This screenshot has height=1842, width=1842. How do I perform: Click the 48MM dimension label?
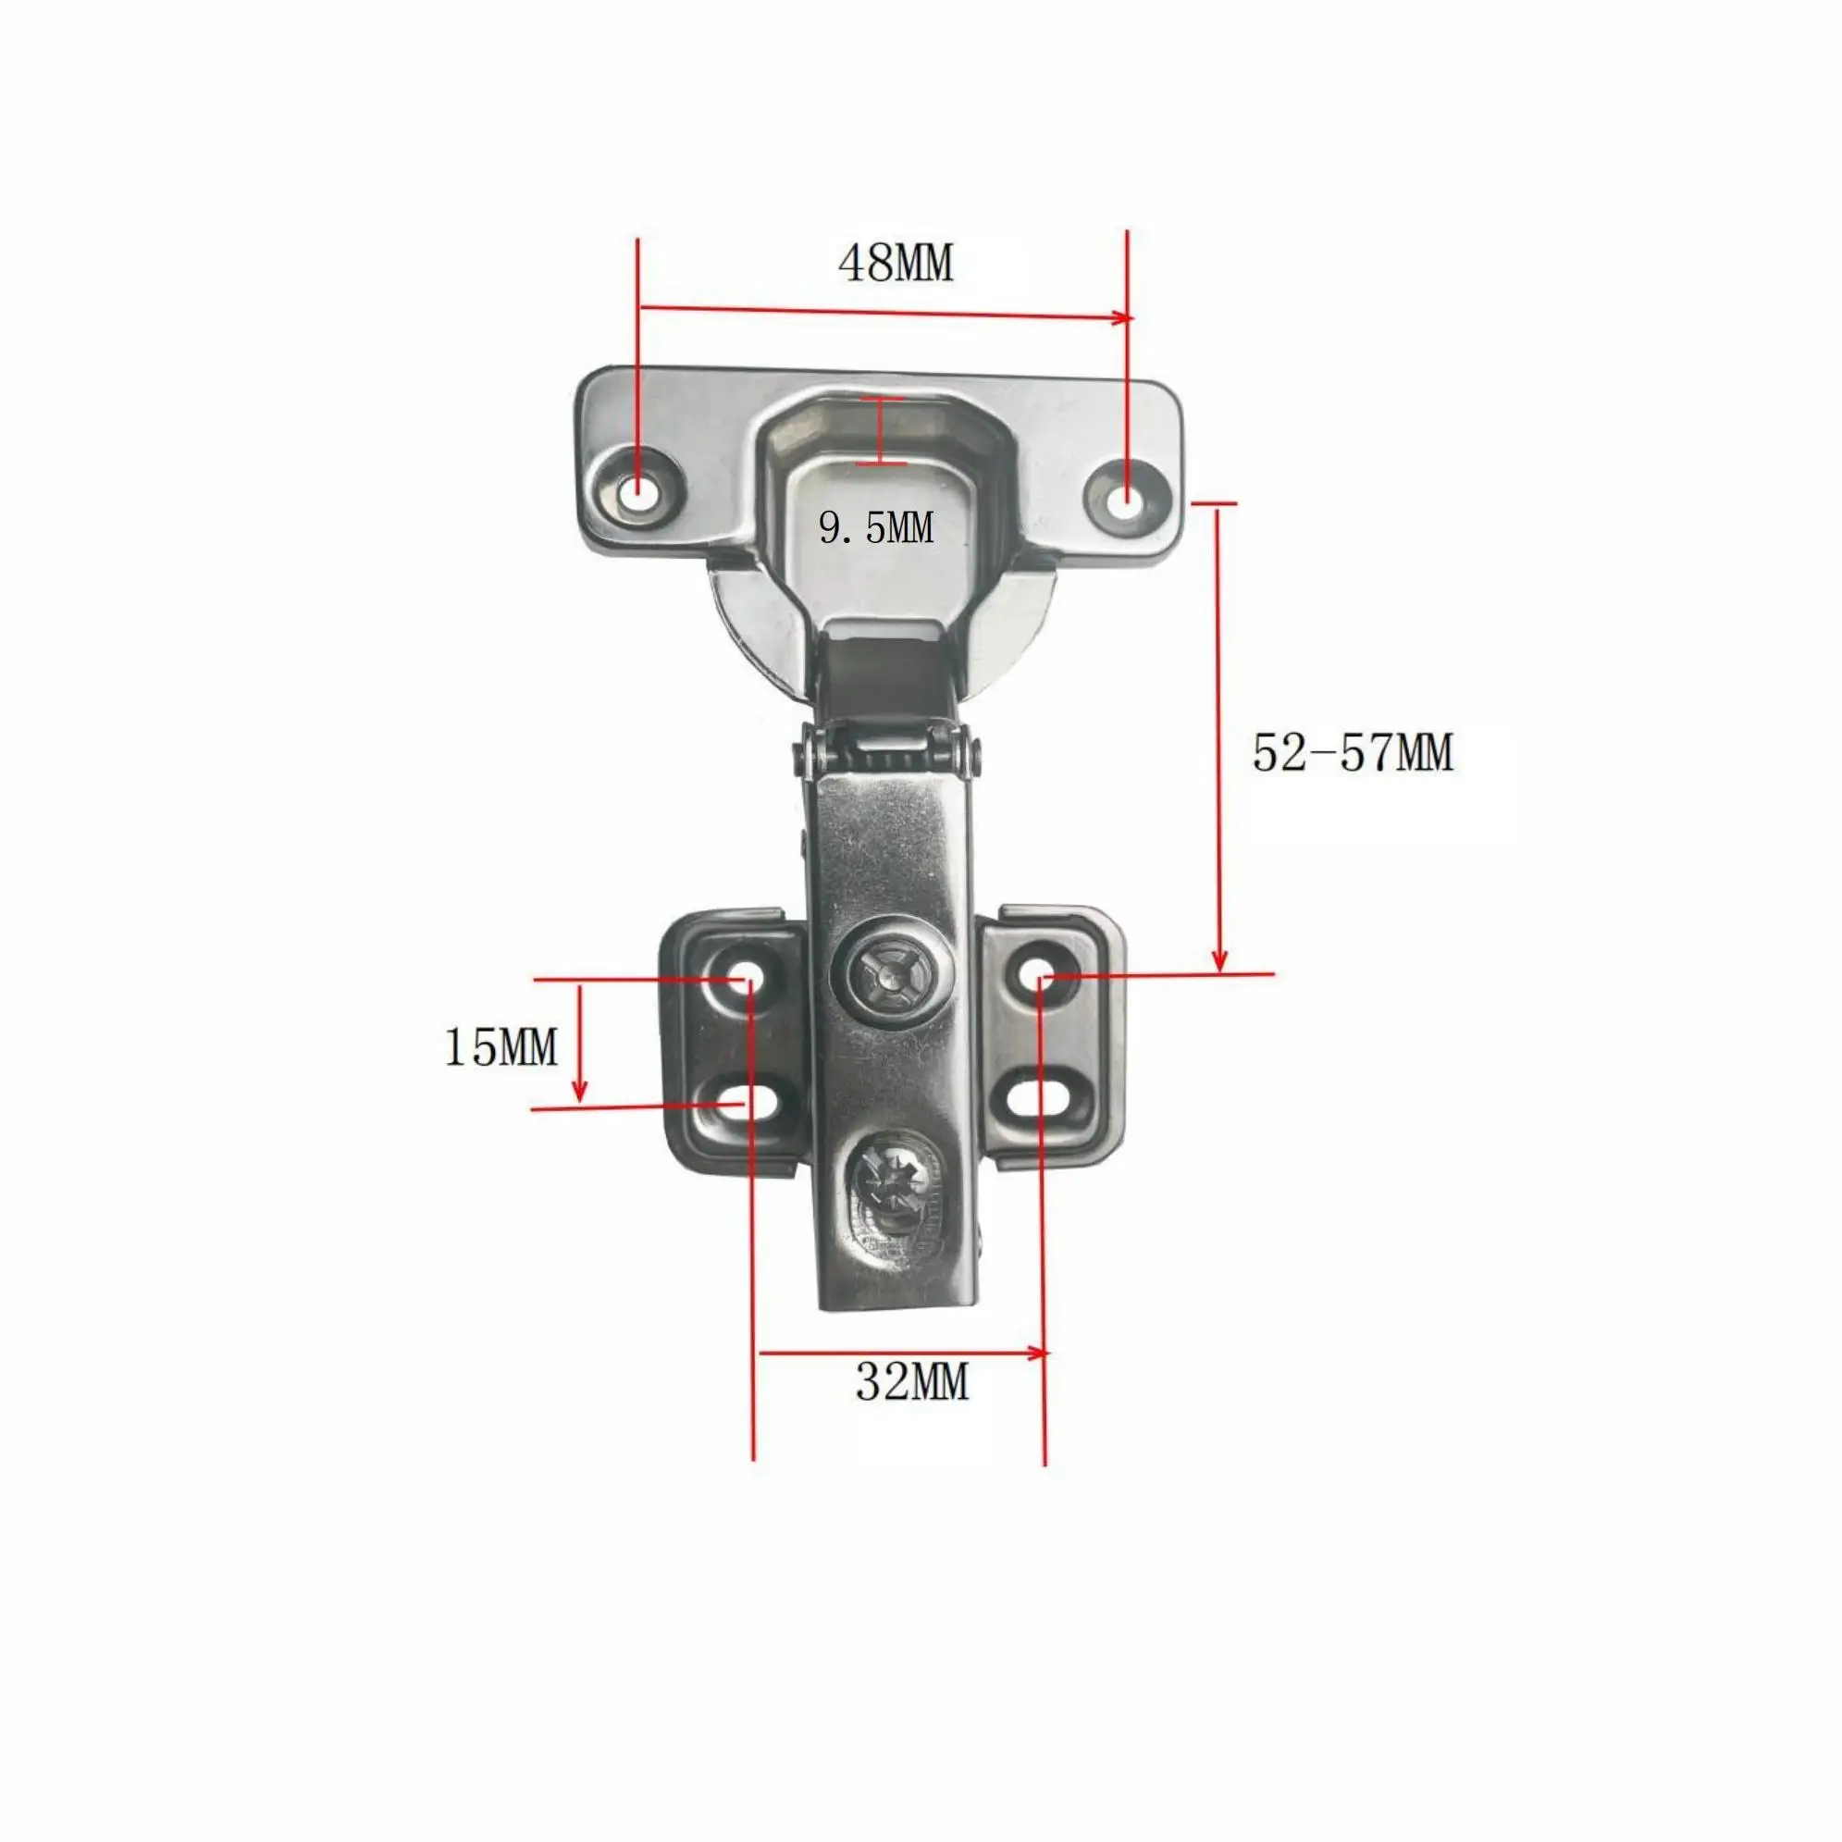click(x=896, y=263)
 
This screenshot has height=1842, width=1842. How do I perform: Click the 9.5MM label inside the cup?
click(x=876, y=527)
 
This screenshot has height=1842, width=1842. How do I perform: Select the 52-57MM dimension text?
click(x=1352, y=754)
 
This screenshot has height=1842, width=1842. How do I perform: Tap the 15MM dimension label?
click(x=501, y=1048)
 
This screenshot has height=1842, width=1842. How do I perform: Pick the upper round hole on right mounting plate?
click(x=1043, y=975)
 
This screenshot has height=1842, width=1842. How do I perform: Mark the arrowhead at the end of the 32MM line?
click(x=1040, y=1352)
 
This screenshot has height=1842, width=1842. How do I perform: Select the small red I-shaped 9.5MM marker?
click(x=879, y=431)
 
